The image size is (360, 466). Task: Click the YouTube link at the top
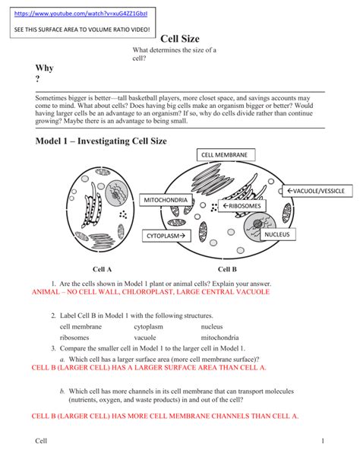pos(81,14)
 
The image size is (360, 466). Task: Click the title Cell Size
pos(180,39)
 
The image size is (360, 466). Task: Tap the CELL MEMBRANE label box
pos(226,155)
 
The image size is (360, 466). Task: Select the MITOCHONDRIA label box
pos(166,200)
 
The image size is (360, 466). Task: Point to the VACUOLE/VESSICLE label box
pos(317,191)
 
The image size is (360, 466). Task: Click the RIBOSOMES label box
pos(242,206)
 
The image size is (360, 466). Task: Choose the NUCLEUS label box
pos(277,234)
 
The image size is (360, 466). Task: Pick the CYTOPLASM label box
pos(166,236)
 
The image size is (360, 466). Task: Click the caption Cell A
pos(103,269)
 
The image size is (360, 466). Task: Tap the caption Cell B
pos(227,269)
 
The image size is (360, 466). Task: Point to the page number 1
pos(323,441)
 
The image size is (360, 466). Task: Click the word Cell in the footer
pos(41,441)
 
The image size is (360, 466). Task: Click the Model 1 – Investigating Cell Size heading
pos(101,141)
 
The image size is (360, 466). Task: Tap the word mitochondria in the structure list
pos(219,338)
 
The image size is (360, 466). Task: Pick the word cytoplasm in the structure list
pos(149,327)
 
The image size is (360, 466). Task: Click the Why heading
pos(44,68)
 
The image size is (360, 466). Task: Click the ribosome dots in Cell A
pos(123,214)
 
